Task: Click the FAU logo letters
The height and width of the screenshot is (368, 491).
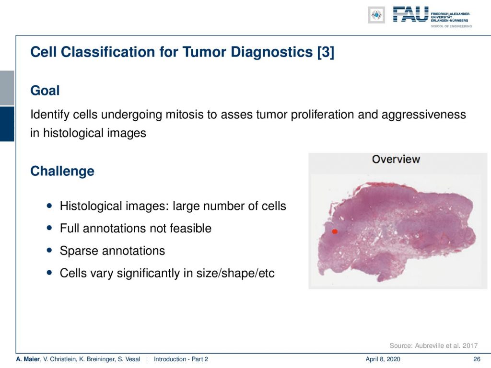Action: pos(410,14)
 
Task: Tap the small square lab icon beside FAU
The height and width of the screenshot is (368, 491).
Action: pos(376,15)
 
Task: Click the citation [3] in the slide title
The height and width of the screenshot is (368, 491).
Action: pos(326,52)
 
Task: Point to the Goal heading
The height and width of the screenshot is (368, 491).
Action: pos(45,91)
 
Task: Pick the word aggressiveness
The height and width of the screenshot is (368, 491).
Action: pos(424,115)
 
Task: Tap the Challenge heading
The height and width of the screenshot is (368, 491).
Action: pos(62,171)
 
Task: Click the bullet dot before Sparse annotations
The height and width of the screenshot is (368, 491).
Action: pos(49,250)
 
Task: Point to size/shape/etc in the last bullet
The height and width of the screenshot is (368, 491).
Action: pos(235,273)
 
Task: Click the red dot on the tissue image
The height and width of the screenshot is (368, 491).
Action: pos(334,231)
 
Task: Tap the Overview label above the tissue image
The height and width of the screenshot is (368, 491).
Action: pos(396,159)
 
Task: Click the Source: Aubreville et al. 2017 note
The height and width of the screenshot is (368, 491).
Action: pos(433,345)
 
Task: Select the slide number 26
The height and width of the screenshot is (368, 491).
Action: pos(477,359)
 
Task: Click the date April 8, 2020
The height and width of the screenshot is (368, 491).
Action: pos(383,359)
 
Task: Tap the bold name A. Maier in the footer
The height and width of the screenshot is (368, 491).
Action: pos(28,359)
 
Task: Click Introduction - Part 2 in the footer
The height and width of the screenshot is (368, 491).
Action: pos(181,359)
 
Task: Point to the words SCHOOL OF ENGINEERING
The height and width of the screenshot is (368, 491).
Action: pos(451,26)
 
